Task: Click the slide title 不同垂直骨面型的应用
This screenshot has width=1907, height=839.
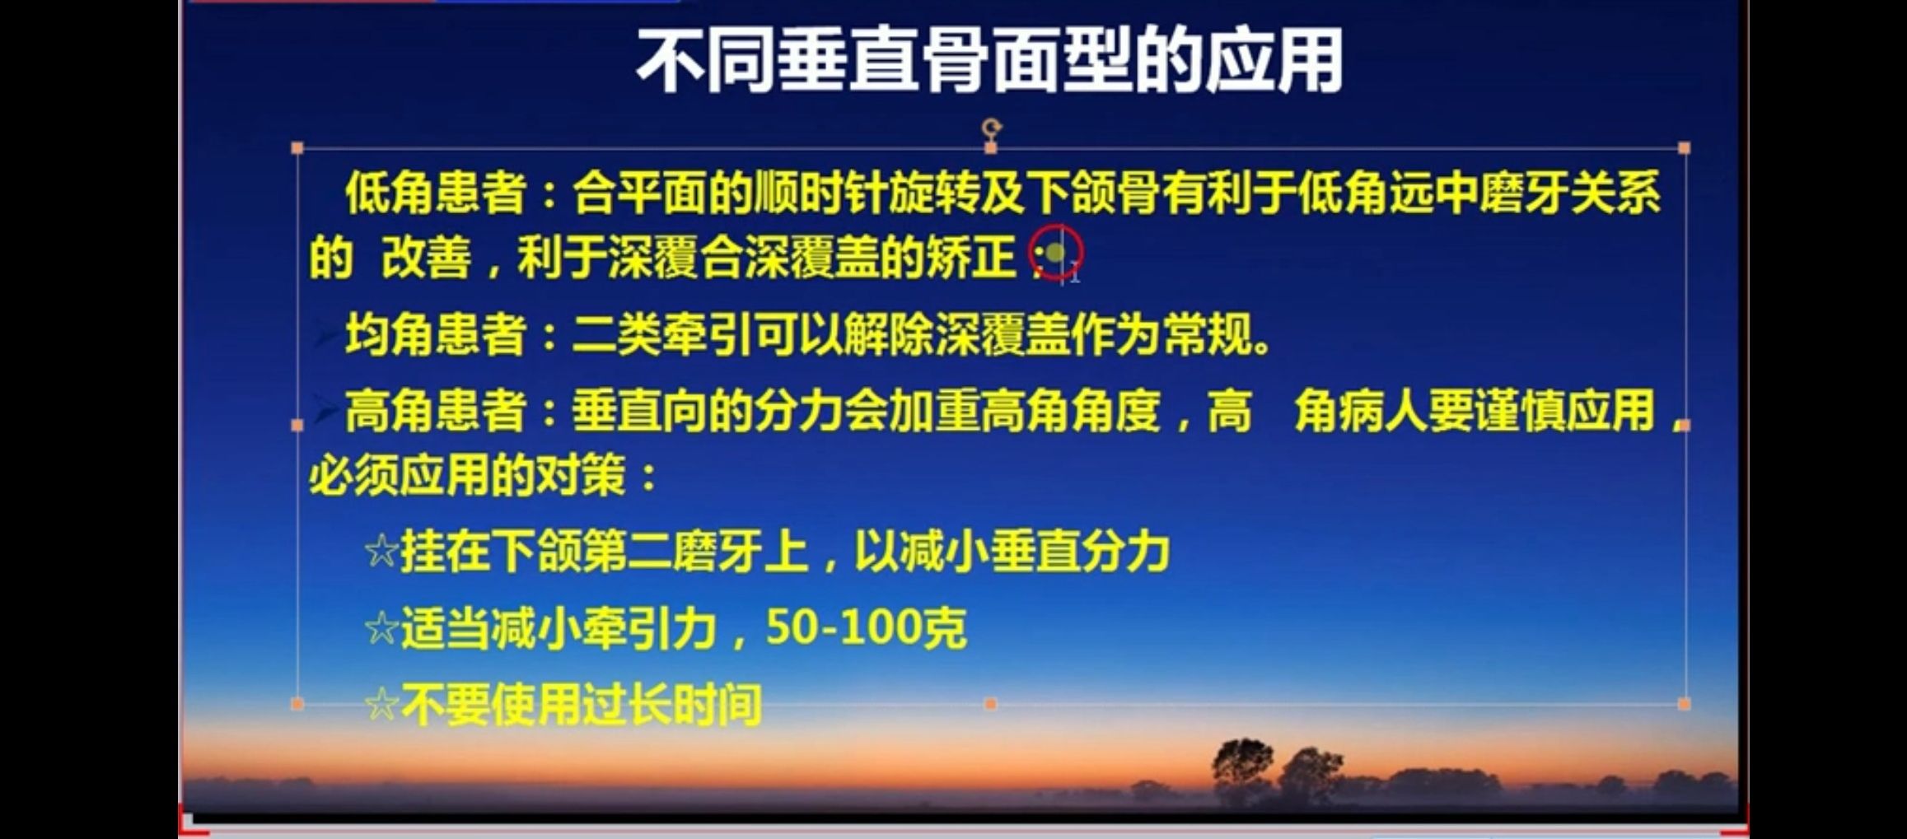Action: click(989, 61)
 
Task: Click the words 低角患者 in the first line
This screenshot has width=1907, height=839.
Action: click(436, 193)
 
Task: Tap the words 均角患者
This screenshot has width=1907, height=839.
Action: click(436, 335)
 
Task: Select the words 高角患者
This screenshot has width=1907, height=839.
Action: click(436, 411)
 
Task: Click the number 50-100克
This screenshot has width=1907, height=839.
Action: click(866, 628)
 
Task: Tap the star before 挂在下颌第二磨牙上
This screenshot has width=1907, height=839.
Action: click(381, 551)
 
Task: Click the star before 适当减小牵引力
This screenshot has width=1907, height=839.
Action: click(381, 628)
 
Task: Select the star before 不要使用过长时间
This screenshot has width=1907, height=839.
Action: click(381, 705)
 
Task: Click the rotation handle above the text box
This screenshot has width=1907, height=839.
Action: click(991, 128)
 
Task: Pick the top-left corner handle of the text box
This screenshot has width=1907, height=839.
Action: click(297, 148)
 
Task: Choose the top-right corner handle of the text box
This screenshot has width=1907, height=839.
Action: click(1685, 148)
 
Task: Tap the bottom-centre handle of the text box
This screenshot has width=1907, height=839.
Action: click(991, 704)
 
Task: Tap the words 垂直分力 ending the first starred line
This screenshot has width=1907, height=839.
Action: click(1080, 551)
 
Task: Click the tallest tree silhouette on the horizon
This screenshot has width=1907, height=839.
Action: click(1242, 771)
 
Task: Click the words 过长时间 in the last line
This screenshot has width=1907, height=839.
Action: click(672, 705)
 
